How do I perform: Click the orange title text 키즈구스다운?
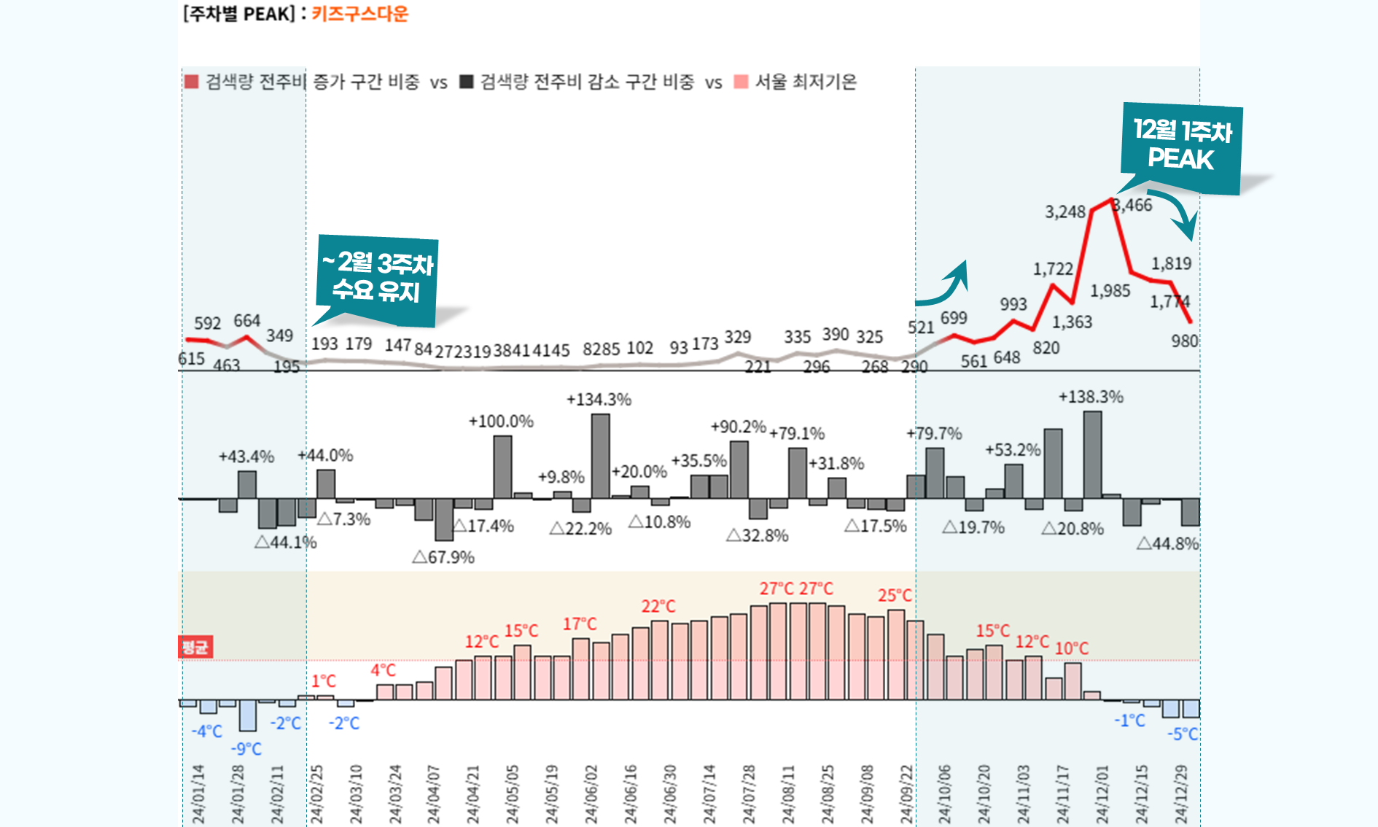click(360, 14)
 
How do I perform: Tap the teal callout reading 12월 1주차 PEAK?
click(1181, 147)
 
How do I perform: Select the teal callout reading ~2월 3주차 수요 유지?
click(378, 278)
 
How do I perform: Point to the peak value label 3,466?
click(1133, 206)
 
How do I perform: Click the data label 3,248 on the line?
click(1065, 212)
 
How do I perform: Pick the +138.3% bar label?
click(1091, 397)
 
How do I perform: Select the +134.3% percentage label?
click(599, 400)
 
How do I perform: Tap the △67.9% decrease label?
click(443, 558)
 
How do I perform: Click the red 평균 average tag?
click(195, 647)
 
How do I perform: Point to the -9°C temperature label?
click(246, 749)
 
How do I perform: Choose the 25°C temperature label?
click(895, 596)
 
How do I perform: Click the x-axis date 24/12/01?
click(1102, 794)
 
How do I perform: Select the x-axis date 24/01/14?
click(198, 794)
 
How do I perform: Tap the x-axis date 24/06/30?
click(669, 794)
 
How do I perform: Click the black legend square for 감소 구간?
click(467, 82)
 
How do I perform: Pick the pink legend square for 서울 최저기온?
click(741, 82)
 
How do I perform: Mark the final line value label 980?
click(1185, 341)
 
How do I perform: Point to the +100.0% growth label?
click(501, 422)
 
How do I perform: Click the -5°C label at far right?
click(1183, 734)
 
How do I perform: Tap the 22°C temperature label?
click(658, 607)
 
